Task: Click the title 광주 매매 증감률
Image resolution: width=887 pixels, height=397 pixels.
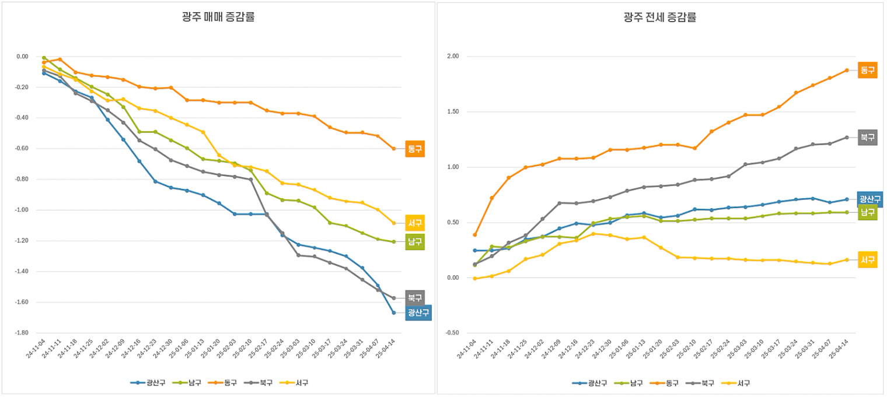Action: tap(218, 17)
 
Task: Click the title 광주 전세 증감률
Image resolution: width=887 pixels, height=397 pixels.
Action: tap(659, 17)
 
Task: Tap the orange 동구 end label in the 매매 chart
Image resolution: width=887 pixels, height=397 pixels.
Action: tap(415, 149)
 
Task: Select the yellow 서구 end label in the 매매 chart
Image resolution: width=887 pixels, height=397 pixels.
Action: tap(415, 223)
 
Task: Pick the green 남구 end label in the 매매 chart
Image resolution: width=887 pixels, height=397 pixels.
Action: tap(415, 241)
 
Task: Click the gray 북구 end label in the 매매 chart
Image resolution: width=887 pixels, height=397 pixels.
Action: tap(415, 297)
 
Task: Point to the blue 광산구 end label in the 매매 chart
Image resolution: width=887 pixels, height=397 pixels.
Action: tap(418, 312)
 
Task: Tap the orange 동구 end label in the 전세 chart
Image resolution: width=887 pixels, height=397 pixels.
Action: tap(868, 70)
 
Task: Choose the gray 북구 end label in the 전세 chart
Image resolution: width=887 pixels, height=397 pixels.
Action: tap(868, 138)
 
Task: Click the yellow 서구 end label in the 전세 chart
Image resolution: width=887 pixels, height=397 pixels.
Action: tap(868, 259)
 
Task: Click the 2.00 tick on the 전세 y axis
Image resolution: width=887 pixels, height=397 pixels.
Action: tap(453, 57)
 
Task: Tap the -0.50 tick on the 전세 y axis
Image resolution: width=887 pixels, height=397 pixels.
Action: tap(452, 333)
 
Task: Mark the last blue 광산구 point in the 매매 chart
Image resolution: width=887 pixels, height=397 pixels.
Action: tap(393, 313)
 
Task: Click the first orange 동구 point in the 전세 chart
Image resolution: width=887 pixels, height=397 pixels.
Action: tap(475, 235)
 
